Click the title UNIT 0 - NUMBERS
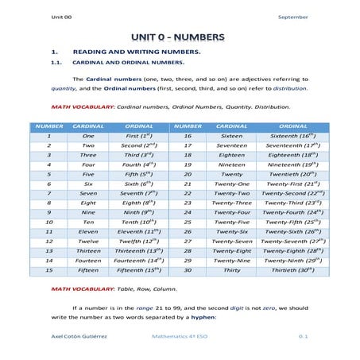(179, 37)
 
